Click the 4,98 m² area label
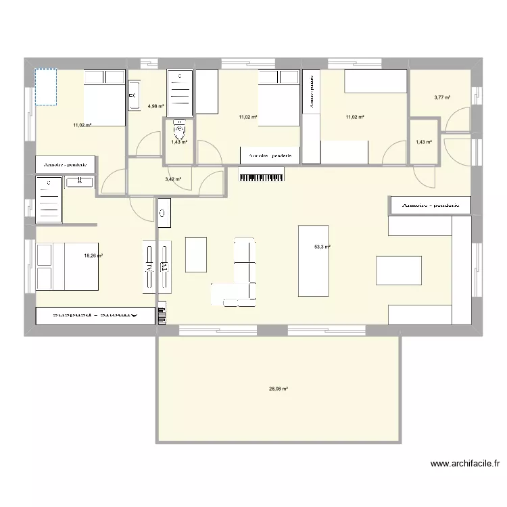pos(156,106)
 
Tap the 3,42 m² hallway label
pos(173,179)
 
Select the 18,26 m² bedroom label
pos(93,256)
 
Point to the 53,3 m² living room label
pos(322,247)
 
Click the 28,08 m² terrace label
pos(279,389)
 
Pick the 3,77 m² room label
pos(442,97)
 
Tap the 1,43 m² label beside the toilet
pos(178,142)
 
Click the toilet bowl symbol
pos(179,126)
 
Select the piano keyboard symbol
pos(261,176)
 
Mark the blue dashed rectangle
pos(45,87)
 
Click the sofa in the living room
pos(245,269)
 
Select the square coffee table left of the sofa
pos(196,254)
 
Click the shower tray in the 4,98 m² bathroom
pos(180,94)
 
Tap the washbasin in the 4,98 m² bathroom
pos(132,95)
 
